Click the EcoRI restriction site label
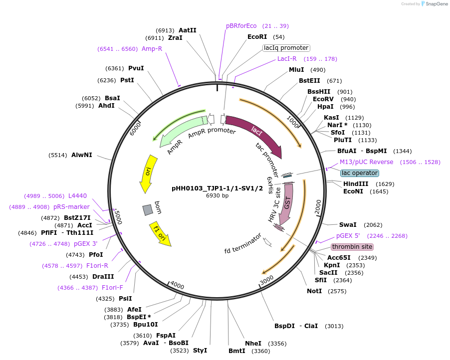click(257, 37)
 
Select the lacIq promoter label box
click(286, 48)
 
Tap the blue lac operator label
click(360, 173)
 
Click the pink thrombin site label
click(352, 247)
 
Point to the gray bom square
click(147, 210)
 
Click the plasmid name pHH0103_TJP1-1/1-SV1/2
click(217, 188)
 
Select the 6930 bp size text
click(217, 195)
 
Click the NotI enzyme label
click(314, 291)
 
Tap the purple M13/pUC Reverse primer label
click(366, 162)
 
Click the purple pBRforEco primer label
click(241, 26)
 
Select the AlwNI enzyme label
click(82, 155)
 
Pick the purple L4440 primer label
click(77, 196)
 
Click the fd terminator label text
click(243, 243)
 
